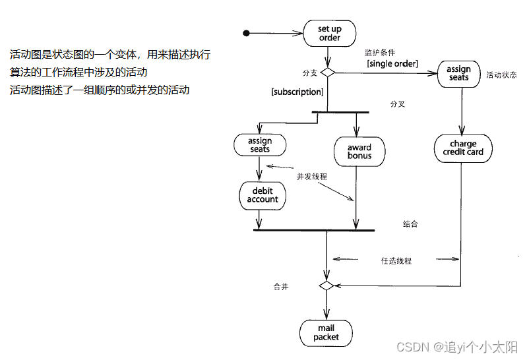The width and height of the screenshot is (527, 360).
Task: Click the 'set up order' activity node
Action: [x=329, y=34]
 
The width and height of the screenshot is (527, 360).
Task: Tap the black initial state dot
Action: [x=247, y=34]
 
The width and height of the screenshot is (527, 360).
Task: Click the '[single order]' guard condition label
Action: [x=392, y=63]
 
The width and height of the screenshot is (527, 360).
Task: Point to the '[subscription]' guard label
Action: [x=297, y=92]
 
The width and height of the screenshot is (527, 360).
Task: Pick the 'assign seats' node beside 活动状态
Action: [x=458, y=73]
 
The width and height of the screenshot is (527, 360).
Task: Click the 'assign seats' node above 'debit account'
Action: [x=260, y=145]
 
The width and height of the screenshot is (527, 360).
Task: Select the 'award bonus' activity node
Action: [x=359, y=151]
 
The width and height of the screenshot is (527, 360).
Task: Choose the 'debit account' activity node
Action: [x=263, y=195]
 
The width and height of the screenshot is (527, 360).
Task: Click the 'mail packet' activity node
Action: [x=326, y=333]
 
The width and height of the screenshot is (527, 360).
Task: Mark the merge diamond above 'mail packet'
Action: [x=326, y=285]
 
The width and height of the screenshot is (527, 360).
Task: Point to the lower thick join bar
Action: [x=313, y=230]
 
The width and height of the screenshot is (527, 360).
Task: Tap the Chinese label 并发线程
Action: [x=312, y=177]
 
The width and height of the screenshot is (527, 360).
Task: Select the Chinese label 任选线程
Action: [x=396, y=260]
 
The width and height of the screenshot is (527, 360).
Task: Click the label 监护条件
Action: [x=380, y=53]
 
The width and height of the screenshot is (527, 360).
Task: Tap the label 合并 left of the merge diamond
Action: [x=281, y=287]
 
